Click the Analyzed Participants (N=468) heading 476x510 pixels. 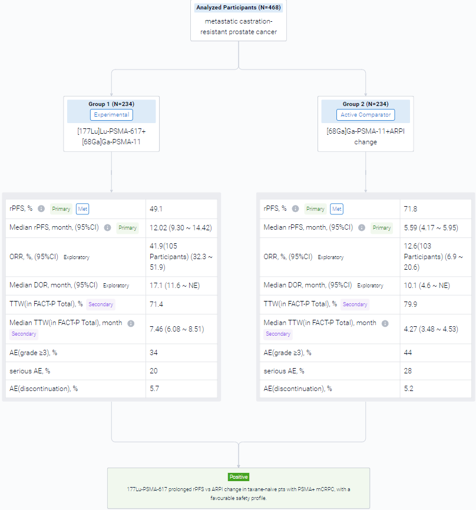[239, 8]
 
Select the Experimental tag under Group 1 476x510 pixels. [111, 115]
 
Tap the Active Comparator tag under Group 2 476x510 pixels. [365, 115]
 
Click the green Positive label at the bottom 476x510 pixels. [239, 477]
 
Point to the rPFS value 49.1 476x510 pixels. [156, 209]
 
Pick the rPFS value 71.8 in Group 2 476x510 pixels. [410, 209]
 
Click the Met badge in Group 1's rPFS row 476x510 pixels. [82, 209]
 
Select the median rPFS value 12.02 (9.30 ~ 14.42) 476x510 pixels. [181, 228]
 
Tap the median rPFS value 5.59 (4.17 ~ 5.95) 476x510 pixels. [431, 228]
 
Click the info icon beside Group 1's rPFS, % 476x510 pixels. [41, 208]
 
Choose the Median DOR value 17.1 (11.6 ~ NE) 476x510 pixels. [174, 286]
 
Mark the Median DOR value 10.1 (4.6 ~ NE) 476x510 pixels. [427, 286]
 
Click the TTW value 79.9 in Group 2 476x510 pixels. [410, 304]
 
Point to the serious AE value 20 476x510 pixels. [154, 371]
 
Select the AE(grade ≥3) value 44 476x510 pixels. [408, 353]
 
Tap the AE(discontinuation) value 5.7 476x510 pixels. [154, 389]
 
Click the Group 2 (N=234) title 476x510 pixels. [365, 104]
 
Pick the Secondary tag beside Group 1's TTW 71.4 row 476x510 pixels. [101, 304]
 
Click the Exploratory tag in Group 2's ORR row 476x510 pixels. [330, 257]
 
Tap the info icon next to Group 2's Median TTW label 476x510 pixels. [385, 323]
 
